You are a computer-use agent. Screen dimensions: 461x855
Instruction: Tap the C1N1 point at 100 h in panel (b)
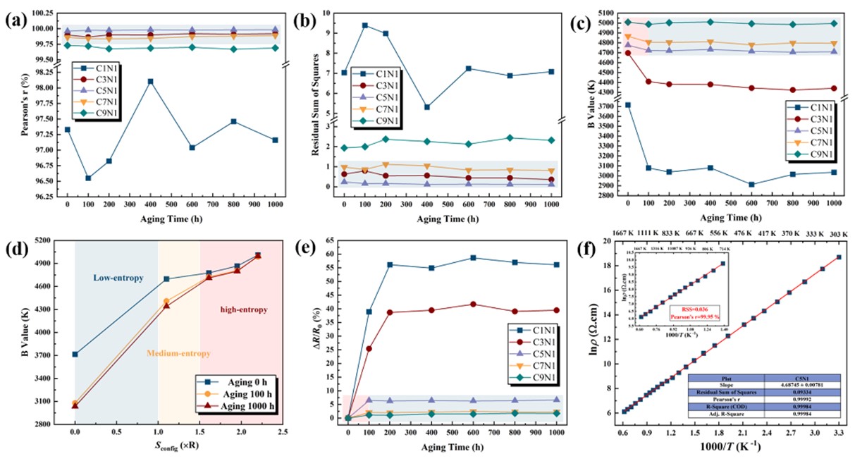(365, 25)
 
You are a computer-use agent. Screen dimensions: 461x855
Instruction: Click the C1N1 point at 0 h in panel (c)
(628, 105)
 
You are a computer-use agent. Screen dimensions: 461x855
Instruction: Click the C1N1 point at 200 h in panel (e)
(389, 265)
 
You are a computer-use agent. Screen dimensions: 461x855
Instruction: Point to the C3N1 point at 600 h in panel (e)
(472, 305)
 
